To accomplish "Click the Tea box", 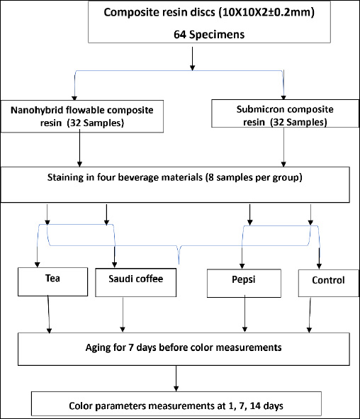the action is point(52,281).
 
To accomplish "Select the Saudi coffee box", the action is point(135,282).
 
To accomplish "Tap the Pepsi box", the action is point(244,284).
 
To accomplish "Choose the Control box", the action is point(329,283).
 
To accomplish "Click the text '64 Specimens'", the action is point(209,35).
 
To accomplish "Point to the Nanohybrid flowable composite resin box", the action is point(82,116).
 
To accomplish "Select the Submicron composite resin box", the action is point(285,113).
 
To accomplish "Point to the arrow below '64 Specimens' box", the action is point(192,59).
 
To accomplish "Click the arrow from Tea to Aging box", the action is point(49,314).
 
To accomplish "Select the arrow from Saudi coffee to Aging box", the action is point(123,315).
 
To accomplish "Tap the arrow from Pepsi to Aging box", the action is point(244,313).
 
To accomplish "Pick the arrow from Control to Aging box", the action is point(310,315).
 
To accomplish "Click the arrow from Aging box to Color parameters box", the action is point(176,379).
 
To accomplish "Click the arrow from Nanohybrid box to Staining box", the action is point(79,148).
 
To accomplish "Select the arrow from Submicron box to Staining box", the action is point(283,147).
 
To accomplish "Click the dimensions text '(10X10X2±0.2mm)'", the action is point(266,12).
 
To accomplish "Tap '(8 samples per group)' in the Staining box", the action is point(254,177).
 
